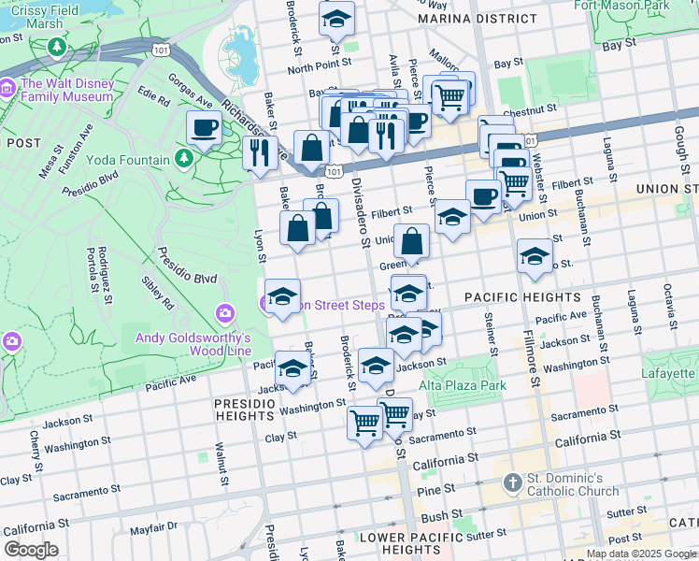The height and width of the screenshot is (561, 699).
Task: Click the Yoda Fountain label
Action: coord(128,160)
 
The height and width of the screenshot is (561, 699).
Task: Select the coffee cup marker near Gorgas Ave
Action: coord(204,129)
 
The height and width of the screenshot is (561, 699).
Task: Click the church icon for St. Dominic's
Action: coord(511,483)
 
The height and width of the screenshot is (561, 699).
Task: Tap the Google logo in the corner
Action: coord(31,550)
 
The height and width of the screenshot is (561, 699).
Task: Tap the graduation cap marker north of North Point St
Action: coord(336,19)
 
